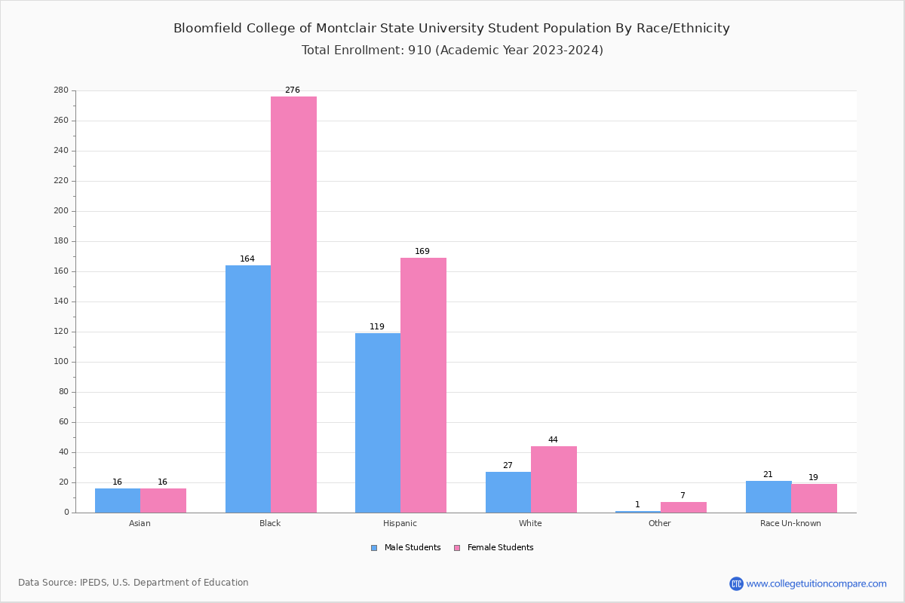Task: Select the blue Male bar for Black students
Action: click(248, 389)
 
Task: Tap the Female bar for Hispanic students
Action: click(423, 385)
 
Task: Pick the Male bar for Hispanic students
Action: click(378, 423)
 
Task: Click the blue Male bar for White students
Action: click(508, 492)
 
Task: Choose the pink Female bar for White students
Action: click(554, 479)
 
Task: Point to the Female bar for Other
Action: click(683, 507)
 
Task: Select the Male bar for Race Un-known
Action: click(768, 497)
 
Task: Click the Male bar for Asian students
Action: click(118, 500)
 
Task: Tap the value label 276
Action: click(292, 90)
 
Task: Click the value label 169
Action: click(422, 252)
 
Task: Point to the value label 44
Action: click(553, 440)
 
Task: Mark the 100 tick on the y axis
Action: click(60, 362)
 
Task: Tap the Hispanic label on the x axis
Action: click(400, 523)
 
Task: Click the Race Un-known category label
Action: click(790, 523)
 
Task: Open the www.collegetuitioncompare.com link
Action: click(816, 583)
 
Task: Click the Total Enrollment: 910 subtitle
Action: click(452, 51)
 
